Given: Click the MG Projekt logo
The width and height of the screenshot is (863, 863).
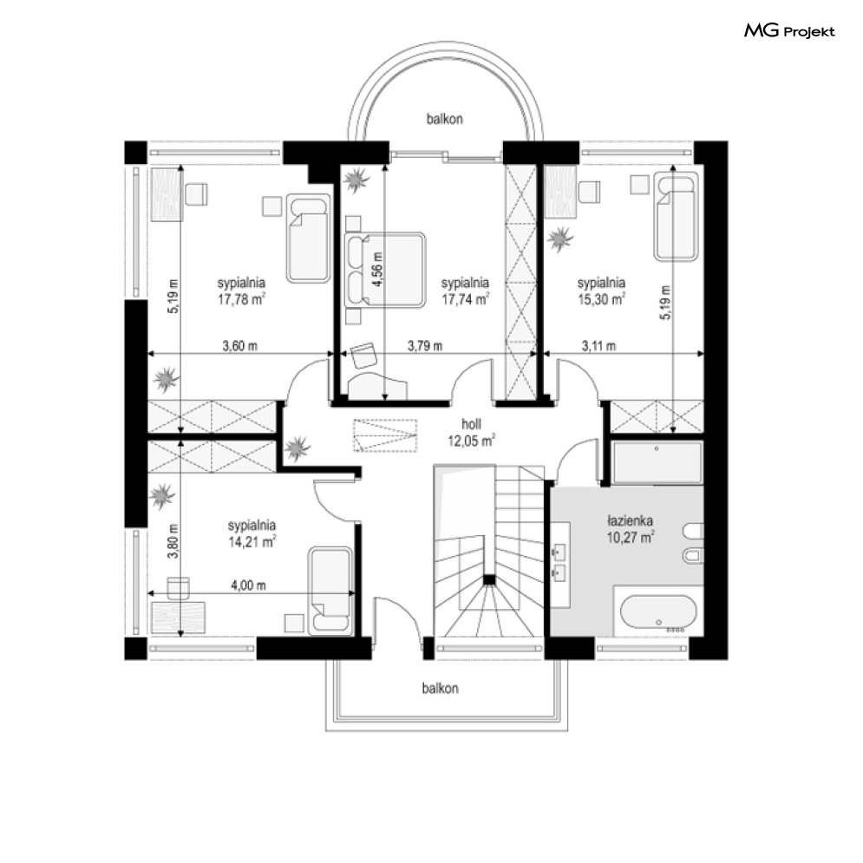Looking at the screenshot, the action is pyautogui.click(x=789, y=30).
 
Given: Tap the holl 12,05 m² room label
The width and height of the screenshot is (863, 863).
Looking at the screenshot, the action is pyautogui.click(x=471, y=432).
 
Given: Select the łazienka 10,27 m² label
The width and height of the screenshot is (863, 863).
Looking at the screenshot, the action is pyautogui.click(x=631, y=528).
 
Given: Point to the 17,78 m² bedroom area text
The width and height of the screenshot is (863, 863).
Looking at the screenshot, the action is pyautogui.click(x=242, y=299).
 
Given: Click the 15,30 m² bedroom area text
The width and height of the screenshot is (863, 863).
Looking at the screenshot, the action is pyautogui.click(x=601, y=299).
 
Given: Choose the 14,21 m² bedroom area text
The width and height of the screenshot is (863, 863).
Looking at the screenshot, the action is pyautogui.click(x=252, y=542).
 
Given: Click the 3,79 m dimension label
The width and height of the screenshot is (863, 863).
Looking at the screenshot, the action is pyautogui.click(x=425, y=346).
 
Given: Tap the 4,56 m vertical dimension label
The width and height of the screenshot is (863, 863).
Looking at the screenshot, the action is pyautogui.click(x=377, y=269).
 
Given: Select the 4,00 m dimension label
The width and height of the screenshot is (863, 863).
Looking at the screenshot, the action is pyautogui.click(x=248, y=585).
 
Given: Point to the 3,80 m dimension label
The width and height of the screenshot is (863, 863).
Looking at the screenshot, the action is pyautogui.click(x=173, y=541).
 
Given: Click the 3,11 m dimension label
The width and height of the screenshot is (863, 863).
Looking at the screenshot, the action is pyautogui.click(x=598, y=346).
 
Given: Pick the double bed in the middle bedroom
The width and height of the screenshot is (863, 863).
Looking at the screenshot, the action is pyautogui.click(x=385, y=270).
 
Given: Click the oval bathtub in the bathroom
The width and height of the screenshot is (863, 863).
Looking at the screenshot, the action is pyautogui.click(x=658, y=612).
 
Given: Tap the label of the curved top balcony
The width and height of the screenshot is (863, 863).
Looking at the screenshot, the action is pyautogui.click(x=445, y=119).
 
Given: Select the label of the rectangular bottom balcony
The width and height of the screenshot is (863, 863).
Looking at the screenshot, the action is pyautogui.click(x=441, y=688).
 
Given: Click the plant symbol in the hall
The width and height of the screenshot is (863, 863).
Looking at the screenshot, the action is pyautogui.click(x=297, y=448).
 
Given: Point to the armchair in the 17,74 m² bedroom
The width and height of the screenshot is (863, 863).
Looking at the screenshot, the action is pyautogui.click(x=363, y=355).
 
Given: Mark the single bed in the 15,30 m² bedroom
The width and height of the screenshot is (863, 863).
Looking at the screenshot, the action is pyautogui.click(x=676, y=216).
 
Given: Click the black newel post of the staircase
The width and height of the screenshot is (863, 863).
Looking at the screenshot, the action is pyautogui.click(x=488, y=579).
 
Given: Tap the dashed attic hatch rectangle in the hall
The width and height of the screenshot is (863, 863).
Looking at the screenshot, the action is pyautogui.click(x=385, y=435).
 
